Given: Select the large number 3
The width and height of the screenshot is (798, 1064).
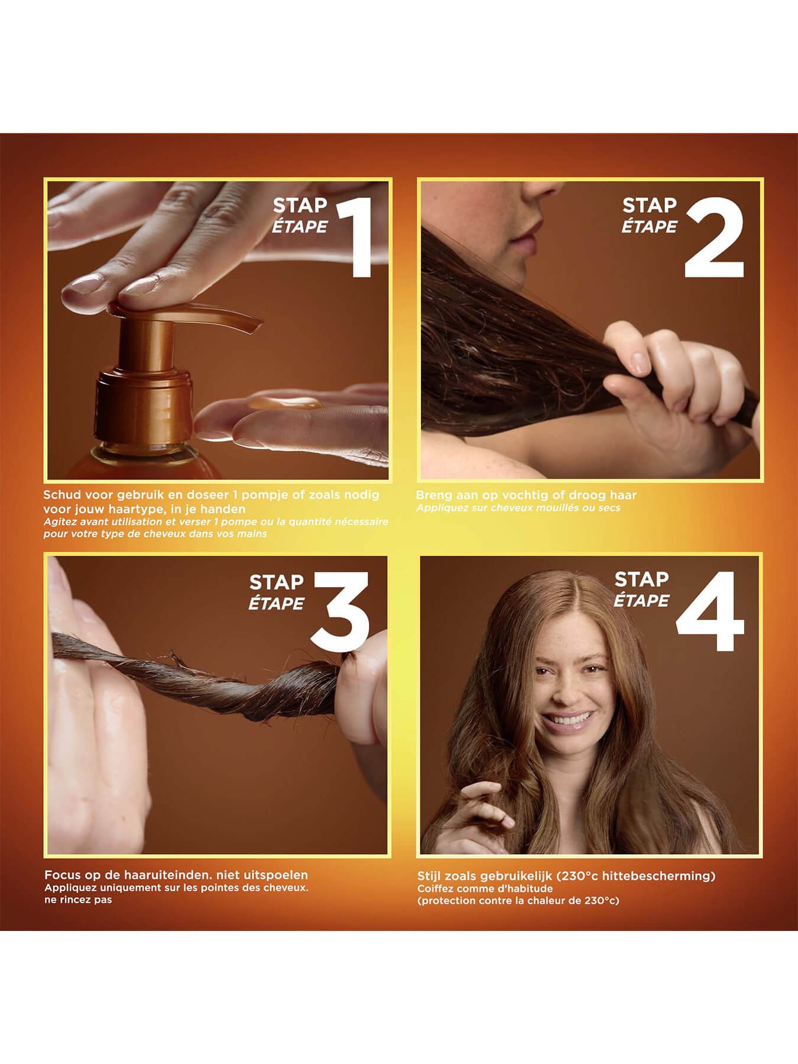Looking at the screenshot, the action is pyautogui.click(x=341, y=611).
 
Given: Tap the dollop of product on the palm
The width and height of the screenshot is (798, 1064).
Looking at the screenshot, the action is pyautogui.click(x=286, y=404).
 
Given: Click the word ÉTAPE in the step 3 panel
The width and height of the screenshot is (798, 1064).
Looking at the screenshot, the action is pyautogui.click(x=276, y=604).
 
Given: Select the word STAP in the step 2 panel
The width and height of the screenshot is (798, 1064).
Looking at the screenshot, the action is pyautogui.click(x=650, y=206).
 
